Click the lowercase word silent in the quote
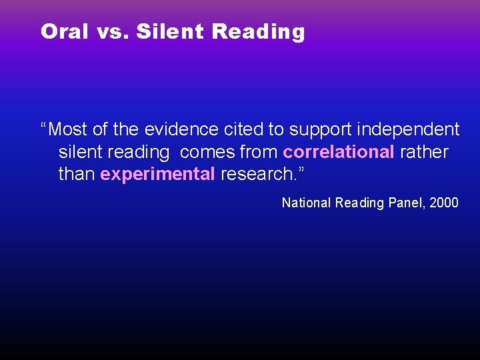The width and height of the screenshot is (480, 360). click(81, 152)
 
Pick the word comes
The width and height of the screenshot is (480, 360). click(207, 152)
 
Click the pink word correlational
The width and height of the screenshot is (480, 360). click(339, 152)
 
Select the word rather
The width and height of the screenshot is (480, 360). click(424, 152)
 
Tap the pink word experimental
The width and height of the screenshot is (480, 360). click(157, 175)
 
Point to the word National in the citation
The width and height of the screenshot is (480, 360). click(306, 203)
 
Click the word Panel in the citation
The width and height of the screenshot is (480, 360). click(405, 203)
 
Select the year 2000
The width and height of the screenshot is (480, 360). click(444, 203)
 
